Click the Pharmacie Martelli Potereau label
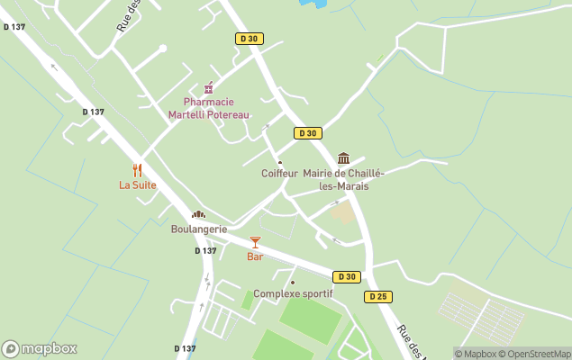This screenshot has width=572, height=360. (209, 108)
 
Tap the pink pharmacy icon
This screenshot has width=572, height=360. (209, 88)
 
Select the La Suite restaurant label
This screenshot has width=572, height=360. (138, 185)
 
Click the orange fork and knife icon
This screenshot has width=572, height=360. (138, 169)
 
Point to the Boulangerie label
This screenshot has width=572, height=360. (199, 229)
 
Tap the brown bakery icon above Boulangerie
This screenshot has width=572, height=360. (198, 214)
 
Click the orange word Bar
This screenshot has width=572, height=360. (255, 256)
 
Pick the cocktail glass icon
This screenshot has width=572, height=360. (255, 242)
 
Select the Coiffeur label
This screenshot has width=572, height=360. (279, 174)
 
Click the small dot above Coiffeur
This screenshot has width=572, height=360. (279, 163)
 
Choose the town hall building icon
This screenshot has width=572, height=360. (343, 158)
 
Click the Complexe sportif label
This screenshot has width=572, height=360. (293, 294)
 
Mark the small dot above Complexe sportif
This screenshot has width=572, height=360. (293, 283)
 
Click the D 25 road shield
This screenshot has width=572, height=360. (377, 296)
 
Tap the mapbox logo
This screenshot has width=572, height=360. (40, 349)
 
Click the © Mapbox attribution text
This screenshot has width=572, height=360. (477, 354)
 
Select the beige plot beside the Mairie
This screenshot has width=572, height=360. (343, 213)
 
